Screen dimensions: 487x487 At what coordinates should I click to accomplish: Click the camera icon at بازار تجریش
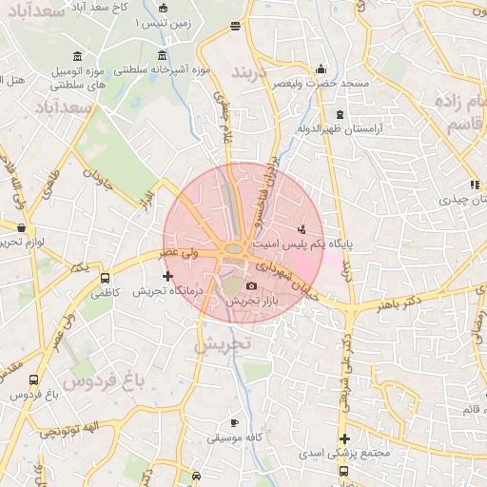[x=251, y=286]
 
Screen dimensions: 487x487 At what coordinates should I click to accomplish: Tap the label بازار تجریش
[x=251, y=301]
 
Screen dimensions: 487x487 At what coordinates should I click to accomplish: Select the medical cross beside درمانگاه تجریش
[x=168, y=276]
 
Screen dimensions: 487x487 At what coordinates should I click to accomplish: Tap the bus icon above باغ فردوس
[x=35, y=379]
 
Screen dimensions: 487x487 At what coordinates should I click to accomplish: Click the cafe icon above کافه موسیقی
[x=235, y=422]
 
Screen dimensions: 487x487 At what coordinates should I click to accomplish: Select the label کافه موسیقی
[x=235, y=438]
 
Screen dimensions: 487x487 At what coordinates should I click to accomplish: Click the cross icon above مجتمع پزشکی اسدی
[x=344, y=438]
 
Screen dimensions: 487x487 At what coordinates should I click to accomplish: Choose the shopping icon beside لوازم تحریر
[x=22, y=227]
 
